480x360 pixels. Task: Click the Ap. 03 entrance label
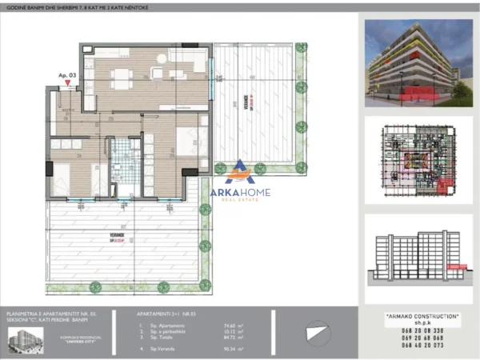[67, 74]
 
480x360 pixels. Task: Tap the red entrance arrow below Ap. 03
[67, 82]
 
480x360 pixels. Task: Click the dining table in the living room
[122, 78]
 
